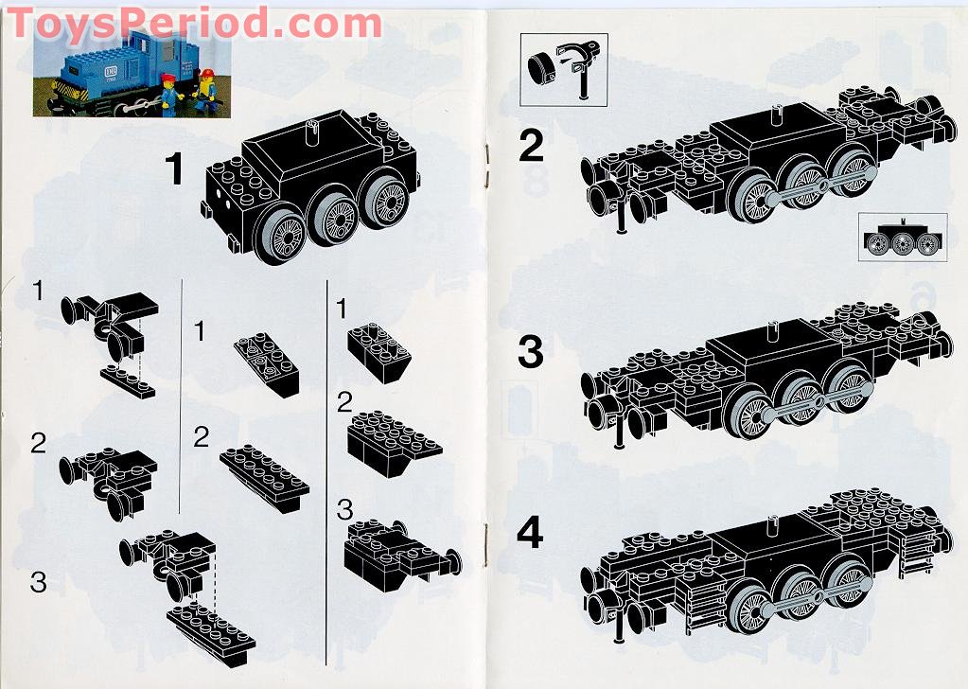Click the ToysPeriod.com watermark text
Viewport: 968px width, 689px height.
click(194, 23)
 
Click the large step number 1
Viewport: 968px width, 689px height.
click(174, 170)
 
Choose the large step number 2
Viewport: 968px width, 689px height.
click(532, 147)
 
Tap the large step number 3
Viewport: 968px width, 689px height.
click(531, 352)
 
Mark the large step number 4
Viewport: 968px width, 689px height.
click(531, 533)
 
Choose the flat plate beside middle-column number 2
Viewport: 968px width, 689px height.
click(265, 468)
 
